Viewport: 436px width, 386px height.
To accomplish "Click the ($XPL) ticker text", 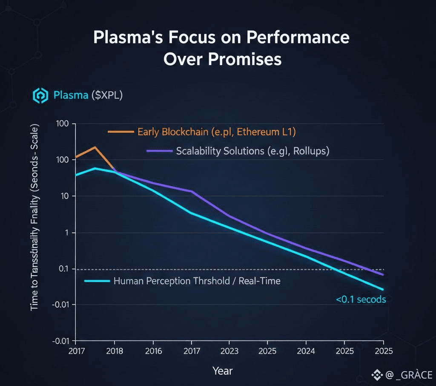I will click(107, 95).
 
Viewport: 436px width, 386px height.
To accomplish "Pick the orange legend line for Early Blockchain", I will click(120, 132).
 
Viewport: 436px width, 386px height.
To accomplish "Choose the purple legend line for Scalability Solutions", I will click(159, 151).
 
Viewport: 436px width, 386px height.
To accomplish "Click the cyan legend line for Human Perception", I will click(97, 281).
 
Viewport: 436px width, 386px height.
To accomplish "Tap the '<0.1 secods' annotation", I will click(361, 300).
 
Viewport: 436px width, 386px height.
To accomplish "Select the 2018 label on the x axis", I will click(114, 351).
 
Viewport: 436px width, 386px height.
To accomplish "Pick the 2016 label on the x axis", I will click(153, 351).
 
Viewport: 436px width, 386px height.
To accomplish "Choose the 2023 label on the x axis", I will click(229, 351).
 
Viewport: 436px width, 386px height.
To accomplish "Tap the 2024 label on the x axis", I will click(306, 351).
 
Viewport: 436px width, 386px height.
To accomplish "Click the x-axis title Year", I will click(222, 371).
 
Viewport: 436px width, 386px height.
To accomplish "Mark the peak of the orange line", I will click(95, 147).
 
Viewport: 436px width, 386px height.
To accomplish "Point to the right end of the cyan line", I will click(383, 290).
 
